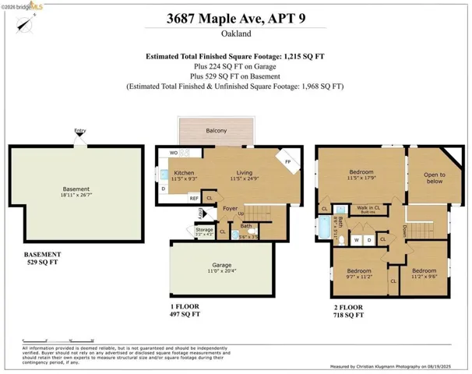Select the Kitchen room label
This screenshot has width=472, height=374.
click(x=184, y=172)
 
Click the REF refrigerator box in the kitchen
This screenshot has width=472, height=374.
click(x=194, y=198)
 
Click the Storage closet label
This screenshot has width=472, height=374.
click(x=204, y=230)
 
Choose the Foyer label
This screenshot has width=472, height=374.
click(x=230, y=208)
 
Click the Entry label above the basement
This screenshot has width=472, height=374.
click(x=79, y=130)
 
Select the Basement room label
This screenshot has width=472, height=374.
click(x=76, y=189)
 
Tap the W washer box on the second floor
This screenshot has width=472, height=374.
click(x=356, y=240)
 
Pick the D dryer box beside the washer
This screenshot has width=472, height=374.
click(x=369, y=240)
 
